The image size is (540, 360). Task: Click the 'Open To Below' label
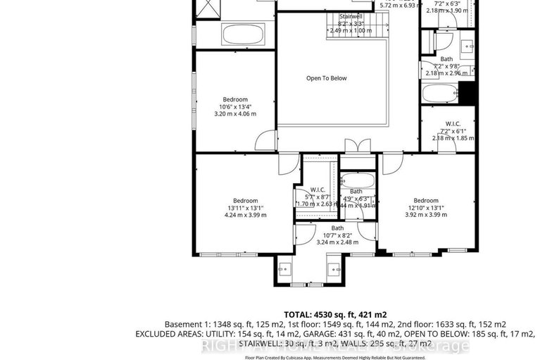click(x=326, y=78)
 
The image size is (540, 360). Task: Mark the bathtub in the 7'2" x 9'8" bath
click(x=439, y=94)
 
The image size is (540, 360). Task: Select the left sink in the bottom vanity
click(x=285, y=268)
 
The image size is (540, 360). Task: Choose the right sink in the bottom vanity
click(x=334, y=268)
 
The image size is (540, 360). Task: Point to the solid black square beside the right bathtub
click(x=466, y=92)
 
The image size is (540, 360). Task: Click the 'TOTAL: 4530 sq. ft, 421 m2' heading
click(x=335, y=314)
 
